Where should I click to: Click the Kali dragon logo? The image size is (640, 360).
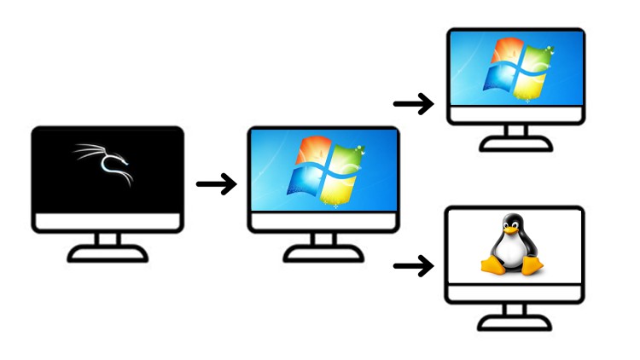pos(106,165)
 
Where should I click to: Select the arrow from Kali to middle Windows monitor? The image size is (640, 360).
pos(216,183)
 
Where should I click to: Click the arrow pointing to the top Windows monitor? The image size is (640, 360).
pos(413,104)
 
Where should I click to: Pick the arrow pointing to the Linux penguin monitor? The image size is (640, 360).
pos(413,267)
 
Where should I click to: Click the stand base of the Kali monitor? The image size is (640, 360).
pos(108,254)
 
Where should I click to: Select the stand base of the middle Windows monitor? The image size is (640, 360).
pos(323,254)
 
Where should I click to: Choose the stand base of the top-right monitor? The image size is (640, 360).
pos(515,145)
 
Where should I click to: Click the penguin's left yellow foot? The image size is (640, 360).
pos(493,266)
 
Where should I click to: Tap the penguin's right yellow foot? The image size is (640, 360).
pos(532,267)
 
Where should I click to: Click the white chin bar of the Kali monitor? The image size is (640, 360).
pos(108,223)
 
